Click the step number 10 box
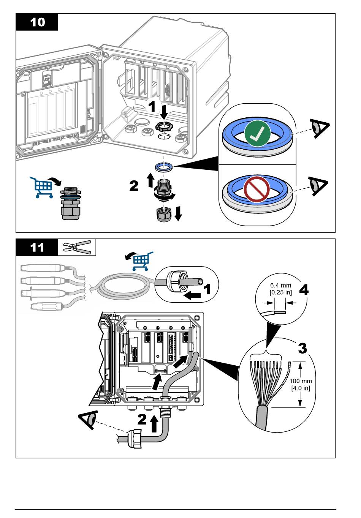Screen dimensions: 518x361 [x=37, y=22]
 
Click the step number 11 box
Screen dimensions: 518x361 [x=37, y=247]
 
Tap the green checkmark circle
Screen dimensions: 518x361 [x=257, y=133]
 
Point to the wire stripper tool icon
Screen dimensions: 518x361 [x=76, y=247]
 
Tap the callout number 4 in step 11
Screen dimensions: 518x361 [x=304, y=290]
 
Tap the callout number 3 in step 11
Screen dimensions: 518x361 [x=302, y=348]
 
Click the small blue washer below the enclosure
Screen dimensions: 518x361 [x=164, y=166]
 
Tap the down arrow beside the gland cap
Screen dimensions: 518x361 [x=178, y=213]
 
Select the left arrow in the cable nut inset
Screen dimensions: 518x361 [x=192, y=295]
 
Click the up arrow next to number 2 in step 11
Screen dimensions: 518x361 [x=154, y=423]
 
